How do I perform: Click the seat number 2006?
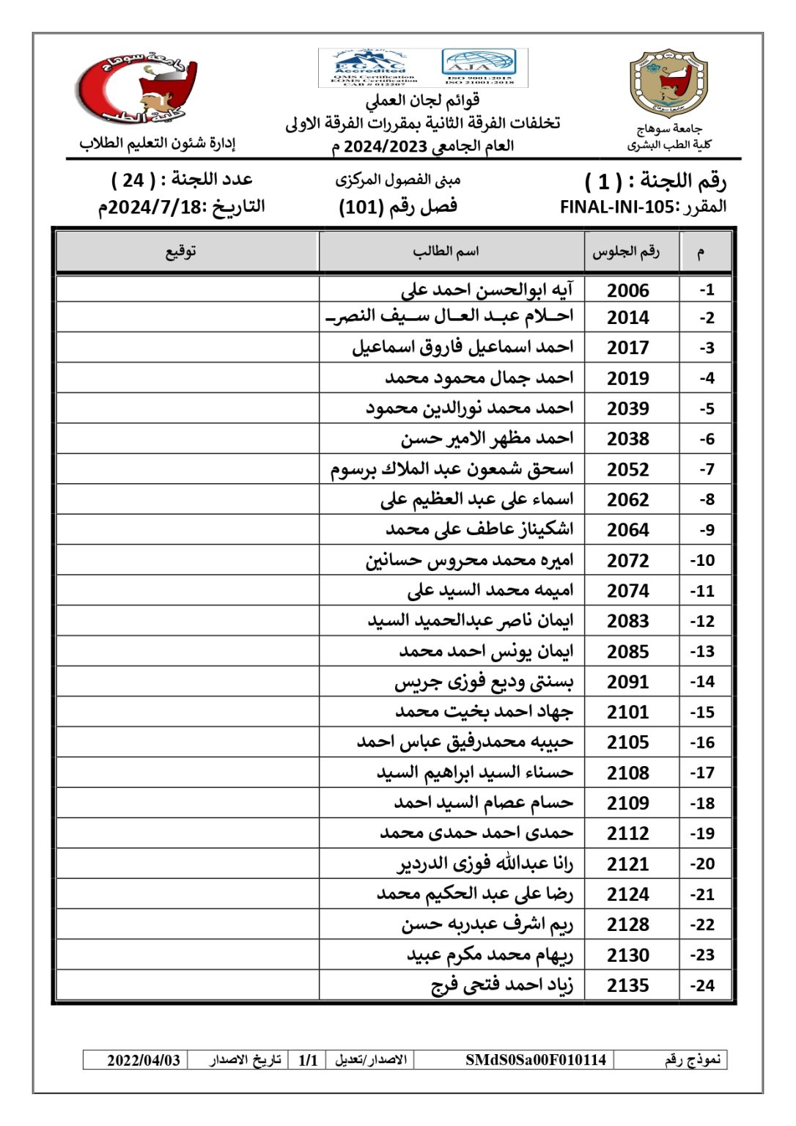click(628, 290)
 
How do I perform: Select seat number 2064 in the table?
click(628, 529)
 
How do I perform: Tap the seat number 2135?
click(628, 985)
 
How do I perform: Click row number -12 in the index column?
click(702, 621)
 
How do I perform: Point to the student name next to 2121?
click(485, 864)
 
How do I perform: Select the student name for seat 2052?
click(452, 468)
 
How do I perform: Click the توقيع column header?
click(180, 251)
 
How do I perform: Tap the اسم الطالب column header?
click(446, 251)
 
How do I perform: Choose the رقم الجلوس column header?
click(627, 251)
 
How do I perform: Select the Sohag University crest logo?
click(668, 84)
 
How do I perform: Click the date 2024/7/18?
click(154, 207)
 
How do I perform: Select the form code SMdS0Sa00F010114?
click(536, 1060)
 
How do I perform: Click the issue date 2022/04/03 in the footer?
click(144, 1060)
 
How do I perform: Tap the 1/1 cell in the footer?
click(308, 1060)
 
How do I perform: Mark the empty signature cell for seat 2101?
click(188, 712)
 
